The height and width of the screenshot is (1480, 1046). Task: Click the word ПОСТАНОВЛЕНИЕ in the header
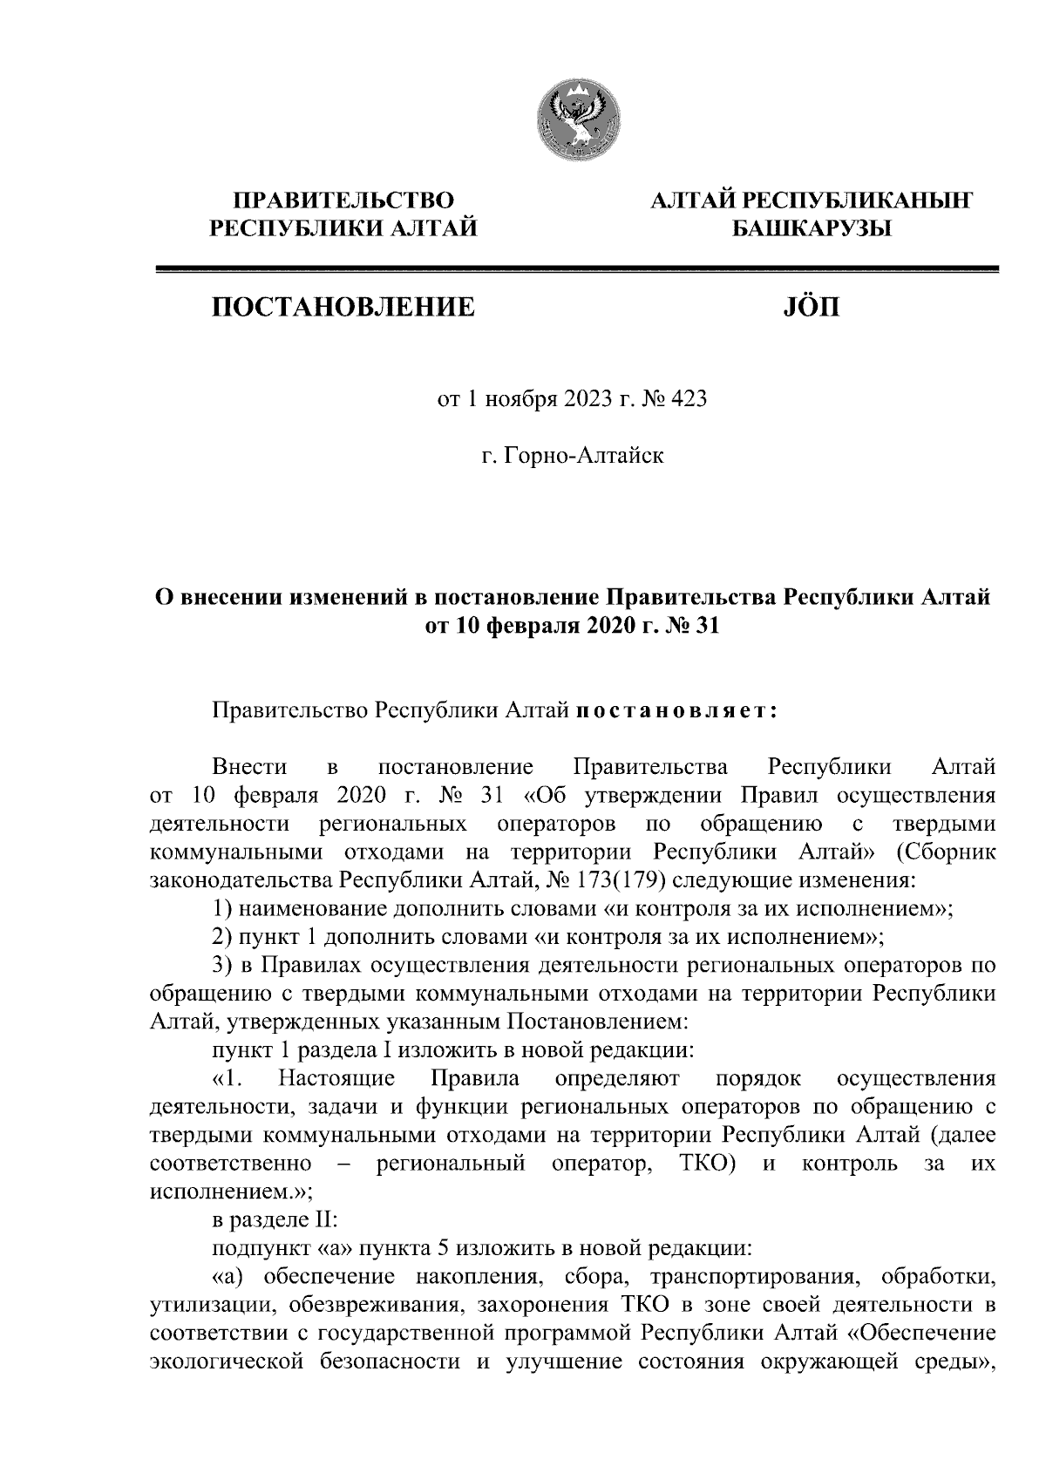click(341, 307)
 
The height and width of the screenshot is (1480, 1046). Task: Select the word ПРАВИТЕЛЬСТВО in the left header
click(342, 200)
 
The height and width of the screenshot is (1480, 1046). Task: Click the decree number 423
click(688, 400)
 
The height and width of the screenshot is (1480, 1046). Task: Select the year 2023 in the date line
click(568, 400)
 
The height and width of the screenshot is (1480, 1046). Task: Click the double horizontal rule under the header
click(575, 271)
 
